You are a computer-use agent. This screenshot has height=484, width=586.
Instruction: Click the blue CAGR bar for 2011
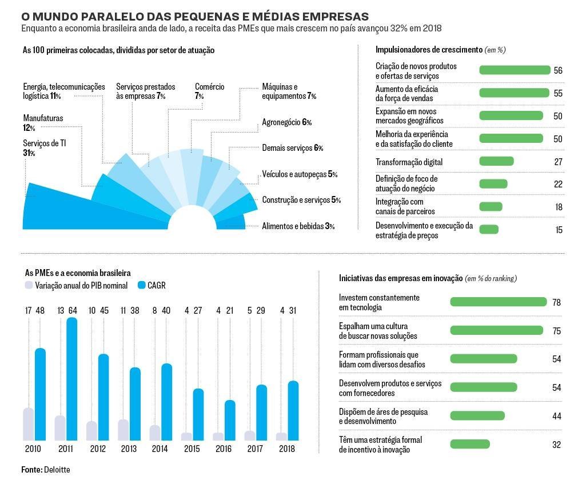point(72,379)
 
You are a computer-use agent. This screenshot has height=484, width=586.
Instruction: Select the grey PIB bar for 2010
point(29,424)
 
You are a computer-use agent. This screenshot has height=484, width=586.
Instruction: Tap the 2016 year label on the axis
point(224,449)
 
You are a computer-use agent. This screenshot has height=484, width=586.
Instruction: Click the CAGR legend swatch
point(141,285)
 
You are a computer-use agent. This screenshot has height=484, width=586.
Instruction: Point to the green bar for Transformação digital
point(496,161)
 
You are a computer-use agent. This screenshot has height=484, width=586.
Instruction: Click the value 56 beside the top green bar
point(558,71)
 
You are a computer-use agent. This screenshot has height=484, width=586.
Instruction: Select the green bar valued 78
point(498,302)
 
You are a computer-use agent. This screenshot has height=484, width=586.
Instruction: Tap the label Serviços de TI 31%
point(44,148)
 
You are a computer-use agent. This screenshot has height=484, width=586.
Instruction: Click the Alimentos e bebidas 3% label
point(298,226)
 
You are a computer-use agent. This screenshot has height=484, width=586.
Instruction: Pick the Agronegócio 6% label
point(286,122)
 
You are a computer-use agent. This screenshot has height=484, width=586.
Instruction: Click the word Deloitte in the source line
point(57,470)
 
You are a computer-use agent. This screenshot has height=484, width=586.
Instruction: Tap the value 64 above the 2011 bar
point(73,310)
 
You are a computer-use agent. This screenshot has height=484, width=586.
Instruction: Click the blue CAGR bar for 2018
point(293,411)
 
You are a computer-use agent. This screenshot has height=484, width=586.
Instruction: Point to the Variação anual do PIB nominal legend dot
point(29,285)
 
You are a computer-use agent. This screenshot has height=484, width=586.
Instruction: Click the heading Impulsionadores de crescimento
point(429,50)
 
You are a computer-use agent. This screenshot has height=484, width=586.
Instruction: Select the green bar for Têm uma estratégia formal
point(470,444)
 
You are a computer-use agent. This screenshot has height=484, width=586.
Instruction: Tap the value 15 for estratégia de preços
point(559,230)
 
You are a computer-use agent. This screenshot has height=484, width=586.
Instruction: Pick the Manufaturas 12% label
point(43,123)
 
